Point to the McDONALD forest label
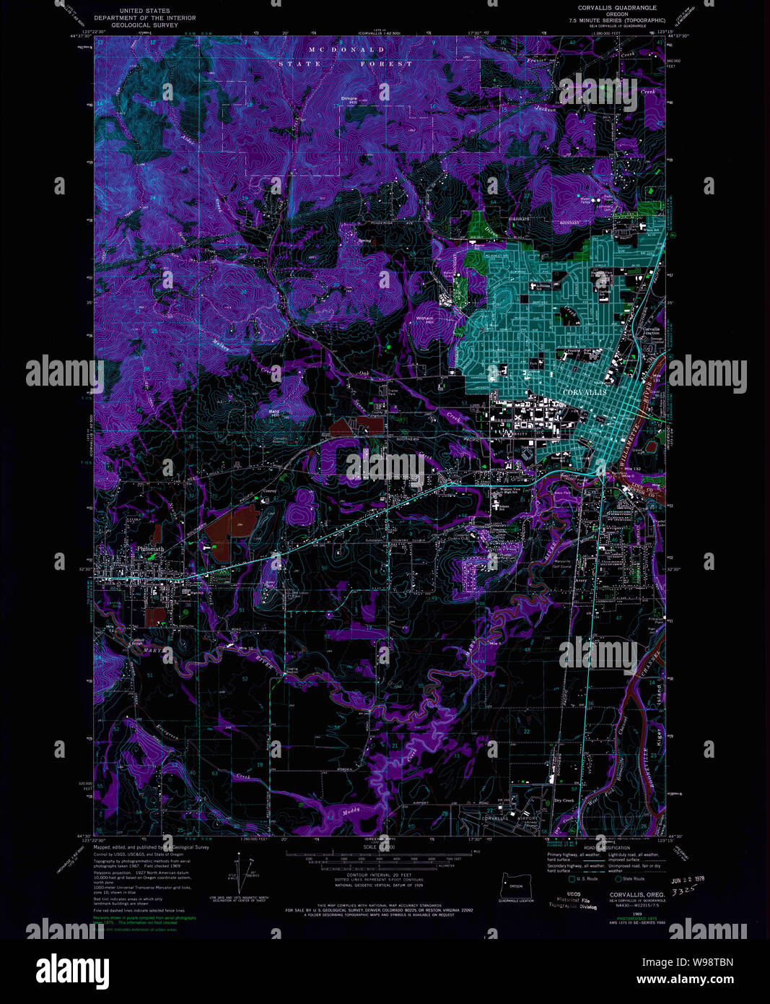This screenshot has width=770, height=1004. pyautogui.click(x=347, y=49)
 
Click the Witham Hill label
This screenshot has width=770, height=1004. pyautogui.click(x=424, y=320)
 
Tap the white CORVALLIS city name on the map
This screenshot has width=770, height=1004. pyautogui.click(x=583, y=390)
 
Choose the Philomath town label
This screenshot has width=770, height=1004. pyautogui.click(x=150, y=549)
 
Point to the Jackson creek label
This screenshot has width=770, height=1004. pyautogui.click(x=546, y=109)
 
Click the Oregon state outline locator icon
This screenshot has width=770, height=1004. pyautogui.click(x=515, y=884)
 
